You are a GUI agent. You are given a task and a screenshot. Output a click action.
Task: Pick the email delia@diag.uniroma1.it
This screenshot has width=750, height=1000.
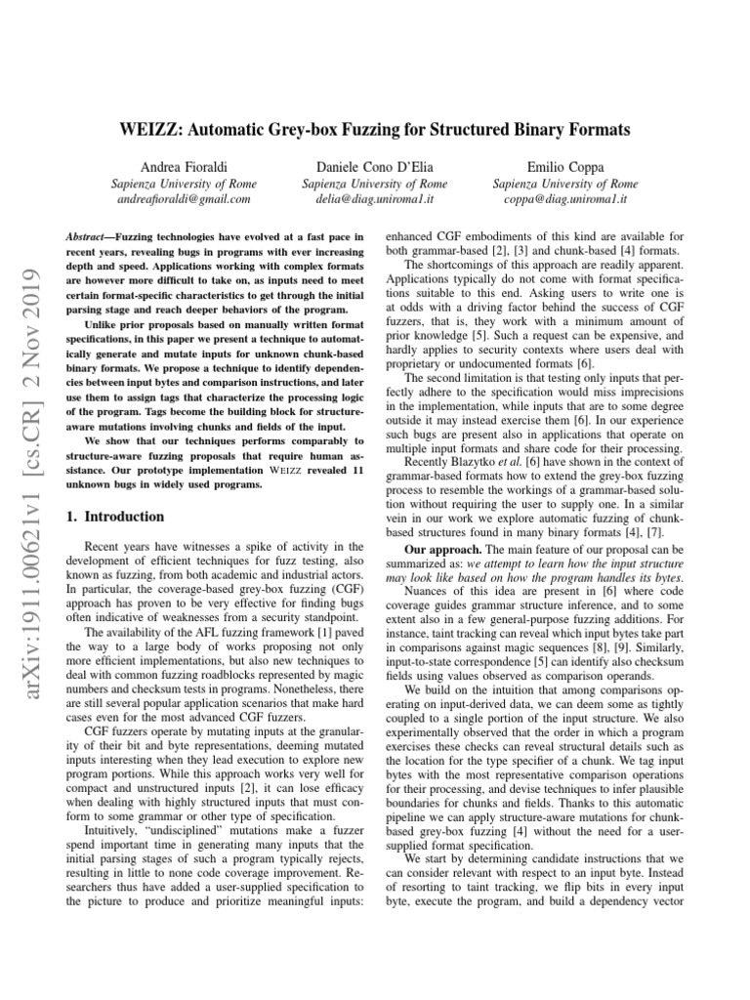(375, 198)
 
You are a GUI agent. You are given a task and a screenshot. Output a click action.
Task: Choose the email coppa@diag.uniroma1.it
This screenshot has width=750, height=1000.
(567, 198)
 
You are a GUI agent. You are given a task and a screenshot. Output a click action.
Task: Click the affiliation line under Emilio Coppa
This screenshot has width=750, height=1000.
(567, 183)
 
